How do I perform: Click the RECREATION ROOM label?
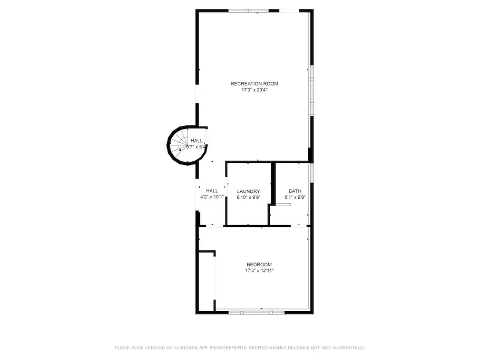click(254, 84)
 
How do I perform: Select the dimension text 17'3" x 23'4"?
click(254, 90)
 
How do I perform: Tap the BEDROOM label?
click(259, 265)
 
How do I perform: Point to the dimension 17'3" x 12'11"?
click(259, 270)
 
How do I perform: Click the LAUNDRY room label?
click(248, 191)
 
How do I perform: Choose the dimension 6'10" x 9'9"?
click(248, 198)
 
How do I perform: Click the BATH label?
click(295, 191)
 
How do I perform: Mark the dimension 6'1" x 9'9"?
click(295, 198)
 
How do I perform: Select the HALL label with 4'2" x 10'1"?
click(212, 191)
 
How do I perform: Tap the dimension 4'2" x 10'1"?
click(212, 197)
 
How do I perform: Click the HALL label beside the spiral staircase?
click(197, 141)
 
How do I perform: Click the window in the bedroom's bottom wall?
click(257, 313)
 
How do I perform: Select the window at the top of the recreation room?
click(249, 11)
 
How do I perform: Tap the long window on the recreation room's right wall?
click(312, 90)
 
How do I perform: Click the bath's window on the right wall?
click(312, 173)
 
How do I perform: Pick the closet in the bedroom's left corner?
click(207, 281)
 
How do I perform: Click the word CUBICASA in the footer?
click(186, 347)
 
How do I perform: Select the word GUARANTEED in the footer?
click(349, 347)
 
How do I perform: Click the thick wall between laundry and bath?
click(273, 183)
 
